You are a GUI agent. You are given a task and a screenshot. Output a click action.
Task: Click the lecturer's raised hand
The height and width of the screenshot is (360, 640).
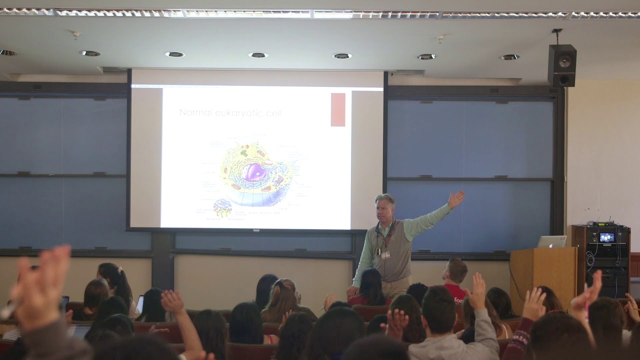tap(455, 199)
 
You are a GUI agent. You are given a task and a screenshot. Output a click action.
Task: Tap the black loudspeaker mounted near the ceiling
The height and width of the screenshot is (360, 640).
tap(561, 65)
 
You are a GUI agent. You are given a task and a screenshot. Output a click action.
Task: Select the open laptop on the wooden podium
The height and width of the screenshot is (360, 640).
tap(551, 242)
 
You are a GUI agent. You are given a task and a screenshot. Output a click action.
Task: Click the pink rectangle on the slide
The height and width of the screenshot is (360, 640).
tap(338, 109)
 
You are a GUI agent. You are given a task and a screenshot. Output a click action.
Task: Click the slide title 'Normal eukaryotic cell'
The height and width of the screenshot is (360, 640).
tap(230, 113)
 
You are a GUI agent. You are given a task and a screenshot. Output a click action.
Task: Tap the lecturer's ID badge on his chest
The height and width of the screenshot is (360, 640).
tap(385, 254)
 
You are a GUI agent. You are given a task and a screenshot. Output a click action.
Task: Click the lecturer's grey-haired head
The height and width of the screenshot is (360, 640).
tap(385, 206)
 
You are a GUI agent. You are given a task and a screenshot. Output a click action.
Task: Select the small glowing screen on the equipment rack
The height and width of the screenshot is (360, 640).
tap(606, 237)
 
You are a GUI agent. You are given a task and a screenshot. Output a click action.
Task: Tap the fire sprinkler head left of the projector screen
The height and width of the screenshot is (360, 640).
tap(75, 35)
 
